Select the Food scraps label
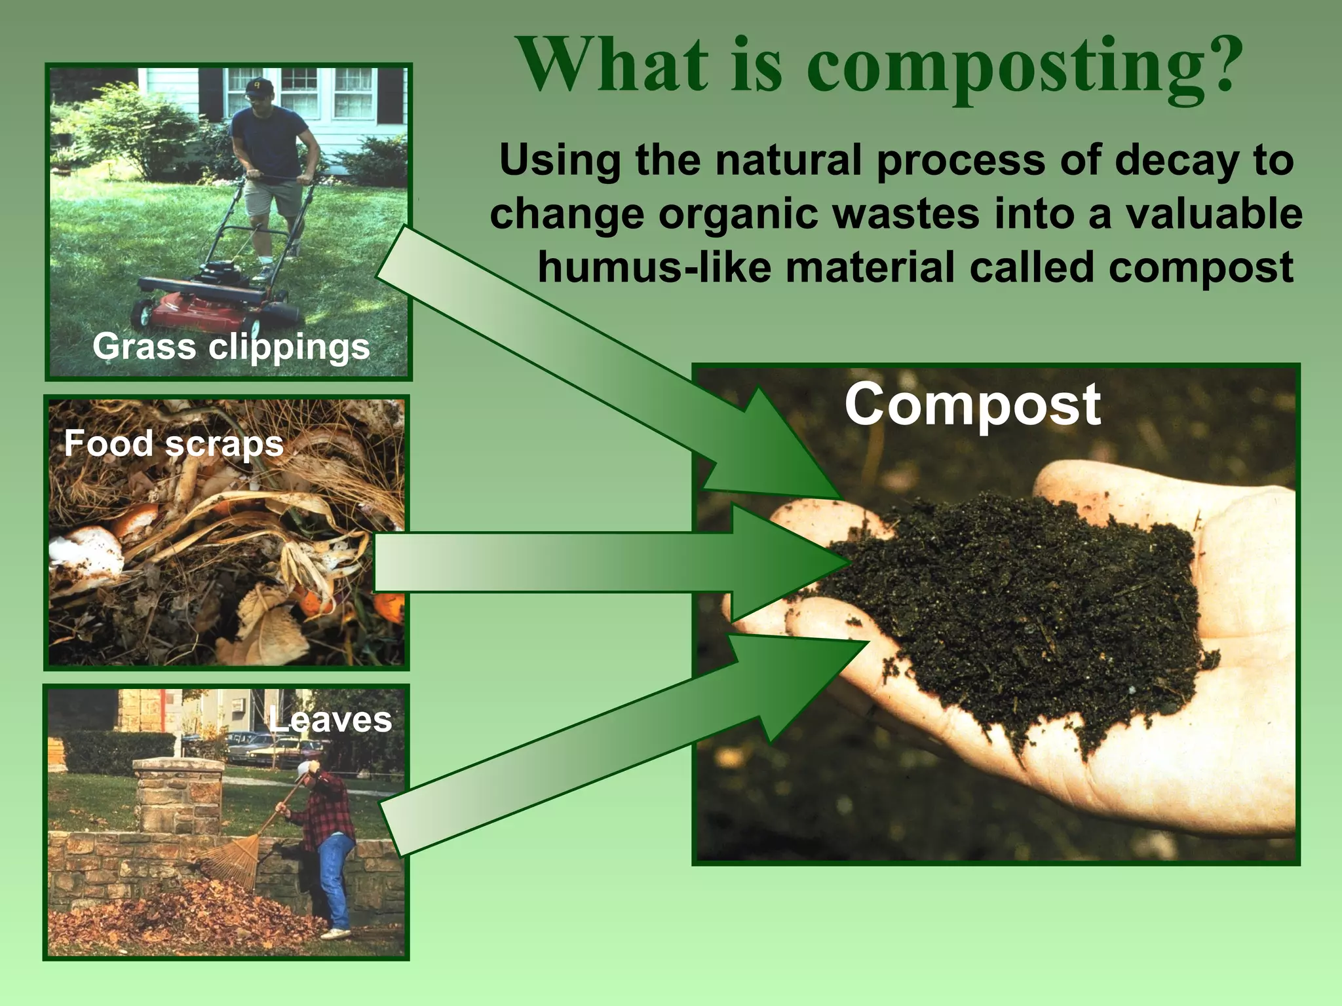point(174,443)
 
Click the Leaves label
point(330,720)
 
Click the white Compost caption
point(972,405)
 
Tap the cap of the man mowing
point(260,86)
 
